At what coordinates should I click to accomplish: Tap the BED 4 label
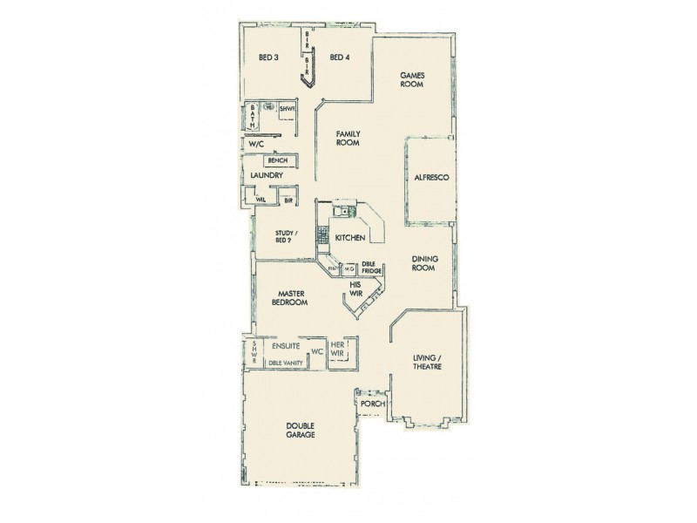coord(340,58)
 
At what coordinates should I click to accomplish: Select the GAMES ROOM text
coord(412,81)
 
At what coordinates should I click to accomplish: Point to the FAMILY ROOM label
coord(348,139)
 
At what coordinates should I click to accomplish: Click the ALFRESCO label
coord(431,177)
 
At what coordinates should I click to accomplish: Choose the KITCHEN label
coord(349,236)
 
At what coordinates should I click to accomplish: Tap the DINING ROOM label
coord(425,264)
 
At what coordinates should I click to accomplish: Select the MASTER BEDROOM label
coord(289,299)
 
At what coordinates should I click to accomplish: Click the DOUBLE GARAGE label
coord(300,430)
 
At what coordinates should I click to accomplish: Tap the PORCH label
coord(372,404)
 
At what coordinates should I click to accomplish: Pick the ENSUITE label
coord(286,346)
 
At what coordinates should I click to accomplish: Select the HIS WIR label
coord(355,289)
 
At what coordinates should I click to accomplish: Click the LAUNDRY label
coord(267,176)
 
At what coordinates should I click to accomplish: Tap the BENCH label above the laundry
coord(278,160)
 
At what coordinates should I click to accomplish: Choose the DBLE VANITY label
coord(285,363)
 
